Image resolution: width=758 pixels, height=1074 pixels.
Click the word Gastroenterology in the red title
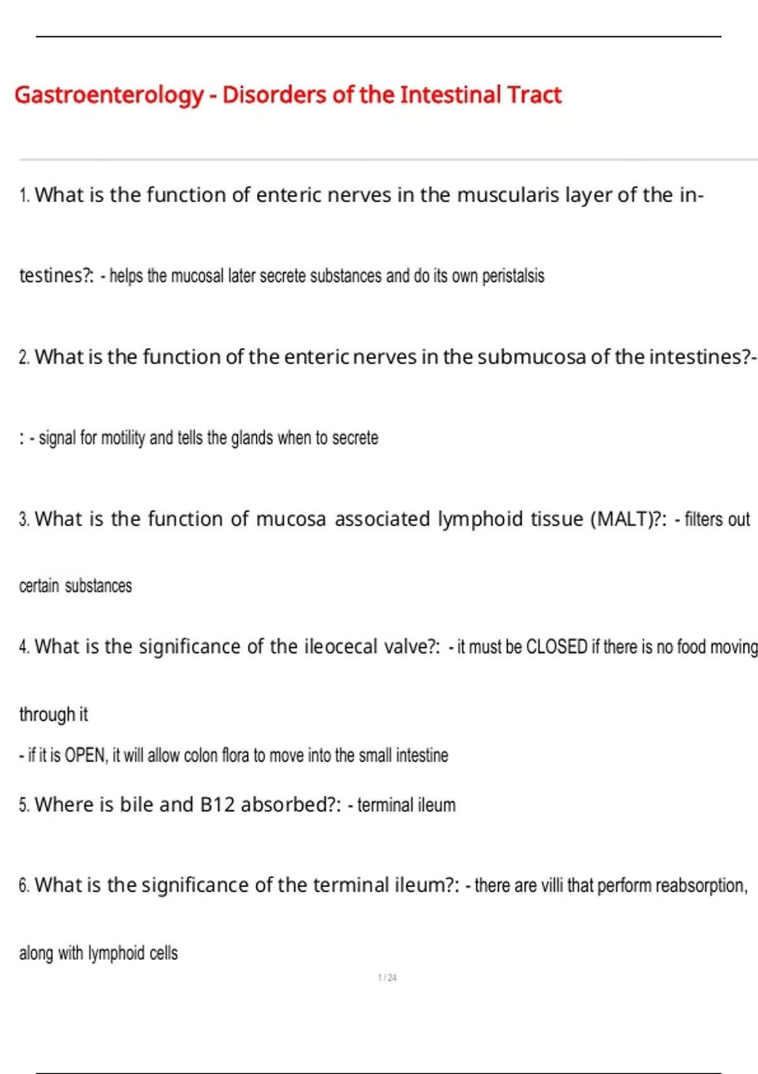[x=109, y=95]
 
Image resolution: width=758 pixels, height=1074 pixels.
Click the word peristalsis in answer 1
[x=513, y=276]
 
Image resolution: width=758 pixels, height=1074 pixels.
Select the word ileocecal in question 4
[x=340, y=647]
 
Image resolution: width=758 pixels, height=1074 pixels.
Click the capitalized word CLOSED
[x=556, y=647]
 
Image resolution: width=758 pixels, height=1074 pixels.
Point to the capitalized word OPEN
[x=86, y=756]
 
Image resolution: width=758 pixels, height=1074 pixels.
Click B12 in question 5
[x=217, y=805]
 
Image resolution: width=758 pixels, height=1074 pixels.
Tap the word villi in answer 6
[x=551, y=886]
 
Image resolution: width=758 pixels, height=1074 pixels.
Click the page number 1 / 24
[x=387, y=978]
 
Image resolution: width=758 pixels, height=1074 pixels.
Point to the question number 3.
[x=24, y=520]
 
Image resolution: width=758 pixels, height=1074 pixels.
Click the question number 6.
[x=24, y=886]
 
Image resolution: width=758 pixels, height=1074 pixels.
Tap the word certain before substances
[x=39, y=586]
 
